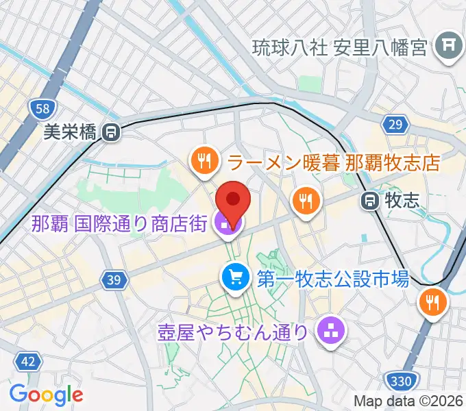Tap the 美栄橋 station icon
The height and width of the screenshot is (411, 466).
point(110,132)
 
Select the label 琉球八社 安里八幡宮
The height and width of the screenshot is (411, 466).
point(340,47)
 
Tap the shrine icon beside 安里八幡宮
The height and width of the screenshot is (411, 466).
point(448,47)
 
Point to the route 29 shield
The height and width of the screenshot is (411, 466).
point(394,124)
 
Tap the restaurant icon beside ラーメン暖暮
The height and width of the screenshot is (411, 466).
point(203,162)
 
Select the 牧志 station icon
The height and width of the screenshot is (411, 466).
point(369,200)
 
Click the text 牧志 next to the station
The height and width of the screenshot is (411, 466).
point(402,200)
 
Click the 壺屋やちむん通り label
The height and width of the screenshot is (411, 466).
point(232,332)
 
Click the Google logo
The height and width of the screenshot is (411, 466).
point(46,395)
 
